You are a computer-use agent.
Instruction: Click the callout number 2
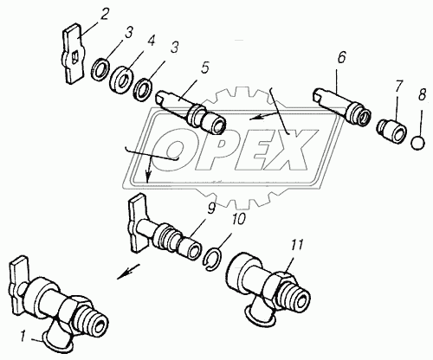(x=104, y=15)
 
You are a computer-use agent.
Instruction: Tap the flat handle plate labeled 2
(x=73, y=54)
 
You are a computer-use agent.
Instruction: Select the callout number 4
(x=150, y=41)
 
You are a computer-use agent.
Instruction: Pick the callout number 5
(x=204, y=68)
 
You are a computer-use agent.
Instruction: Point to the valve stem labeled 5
(x=191, y=114)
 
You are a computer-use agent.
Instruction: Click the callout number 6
(x=341, y=58)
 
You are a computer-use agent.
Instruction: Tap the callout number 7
(x=398, y=86)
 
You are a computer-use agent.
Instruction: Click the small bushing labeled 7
(x=392, y=131)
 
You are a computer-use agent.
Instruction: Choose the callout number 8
(x=422, y=94)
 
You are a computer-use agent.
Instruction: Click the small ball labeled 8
(x=418, y=143)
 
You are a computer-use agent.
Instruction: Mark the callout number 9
(x=211, y=209)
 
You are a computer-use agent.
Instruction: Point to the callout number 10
(x=237, y=219)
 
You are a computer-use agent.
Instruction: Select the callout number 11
(x=298, y=246)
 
